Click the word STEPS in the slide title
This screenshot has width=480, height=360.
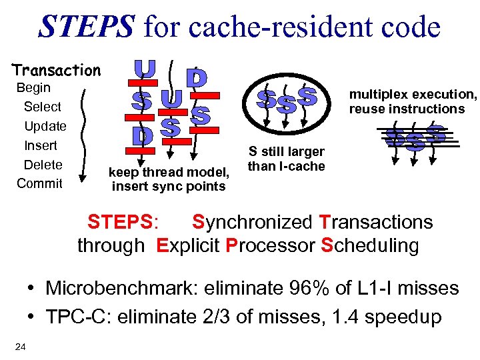coord(87,27)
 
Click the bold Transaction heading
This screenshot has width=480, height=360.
coord(56,70)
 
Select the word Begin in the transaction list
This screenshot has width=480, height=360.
coord(33,88)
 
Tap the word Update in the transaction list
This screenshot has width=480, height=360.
coord(45,126)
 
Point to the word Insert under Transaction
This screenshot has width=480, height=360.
coord(41,145)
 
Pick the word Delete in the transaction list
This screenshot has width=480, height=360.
coord(43,165)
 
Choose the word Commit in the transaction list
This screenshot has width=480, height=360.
coord(39,183)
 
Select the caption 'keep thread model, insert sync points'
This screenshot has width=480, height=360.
coord(169,179)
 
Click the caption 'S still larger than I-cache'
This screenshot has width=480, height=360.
coord(287,159)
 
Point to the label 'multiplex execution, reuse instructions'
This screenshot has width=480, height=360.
coord(413,101)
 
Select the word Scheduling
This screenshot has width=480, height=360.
coord(370,245)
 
